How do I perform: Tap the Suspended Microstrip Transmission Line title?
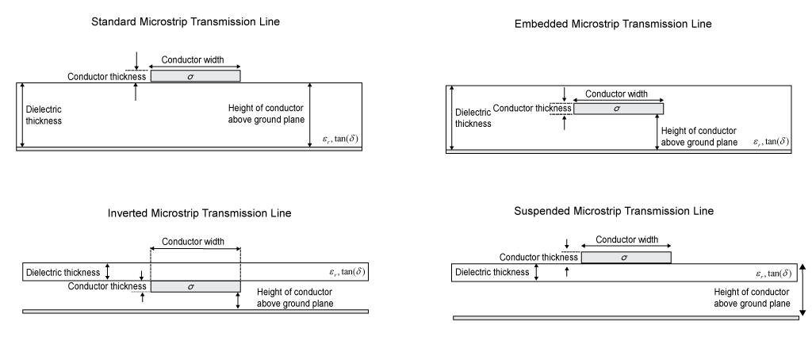click(x=614, y=211)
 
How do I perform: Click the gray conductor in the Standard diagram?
click(x=195, y=76)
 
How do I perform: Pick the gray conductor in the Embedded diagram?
click(x=619, y=109)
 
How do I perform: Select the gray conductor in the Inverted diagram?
click(x=195, y=286)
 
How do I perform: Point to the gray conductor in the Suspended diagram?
click(x=626, y=257)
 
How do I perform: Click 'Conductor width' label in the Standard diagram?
click(x=195, y=59)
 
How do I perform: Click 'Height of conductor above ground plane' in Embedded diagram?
click(x=699, y=136)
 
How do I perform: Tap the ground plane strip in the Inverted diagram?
click(x=195, y=312)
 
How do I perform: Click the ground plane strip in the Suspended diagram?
click(x=626, y=318)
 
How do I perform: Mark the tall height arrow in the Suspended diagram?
click(x=803, y=289)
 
